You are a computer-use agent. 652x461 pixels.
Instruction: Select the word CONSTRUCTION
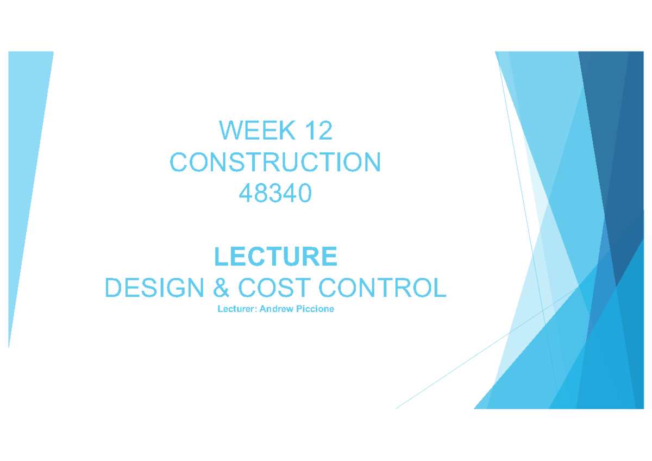[275, 163]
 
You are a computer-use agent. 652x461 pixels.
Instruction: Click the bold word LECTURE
[275, 257]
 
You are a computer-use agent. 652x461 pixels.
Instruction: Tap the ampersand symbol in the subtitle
[221, 288]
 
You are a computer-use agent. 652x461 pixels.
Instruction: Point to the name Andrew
[277, 310]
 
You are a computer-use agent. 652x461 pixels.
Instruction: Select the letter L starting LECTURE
[221, 257]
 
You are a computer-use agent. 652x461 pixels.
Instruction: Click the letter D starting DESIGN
[113, 288]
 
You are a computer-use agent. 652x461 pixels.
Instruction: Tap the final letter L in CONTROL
[440, 288]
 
